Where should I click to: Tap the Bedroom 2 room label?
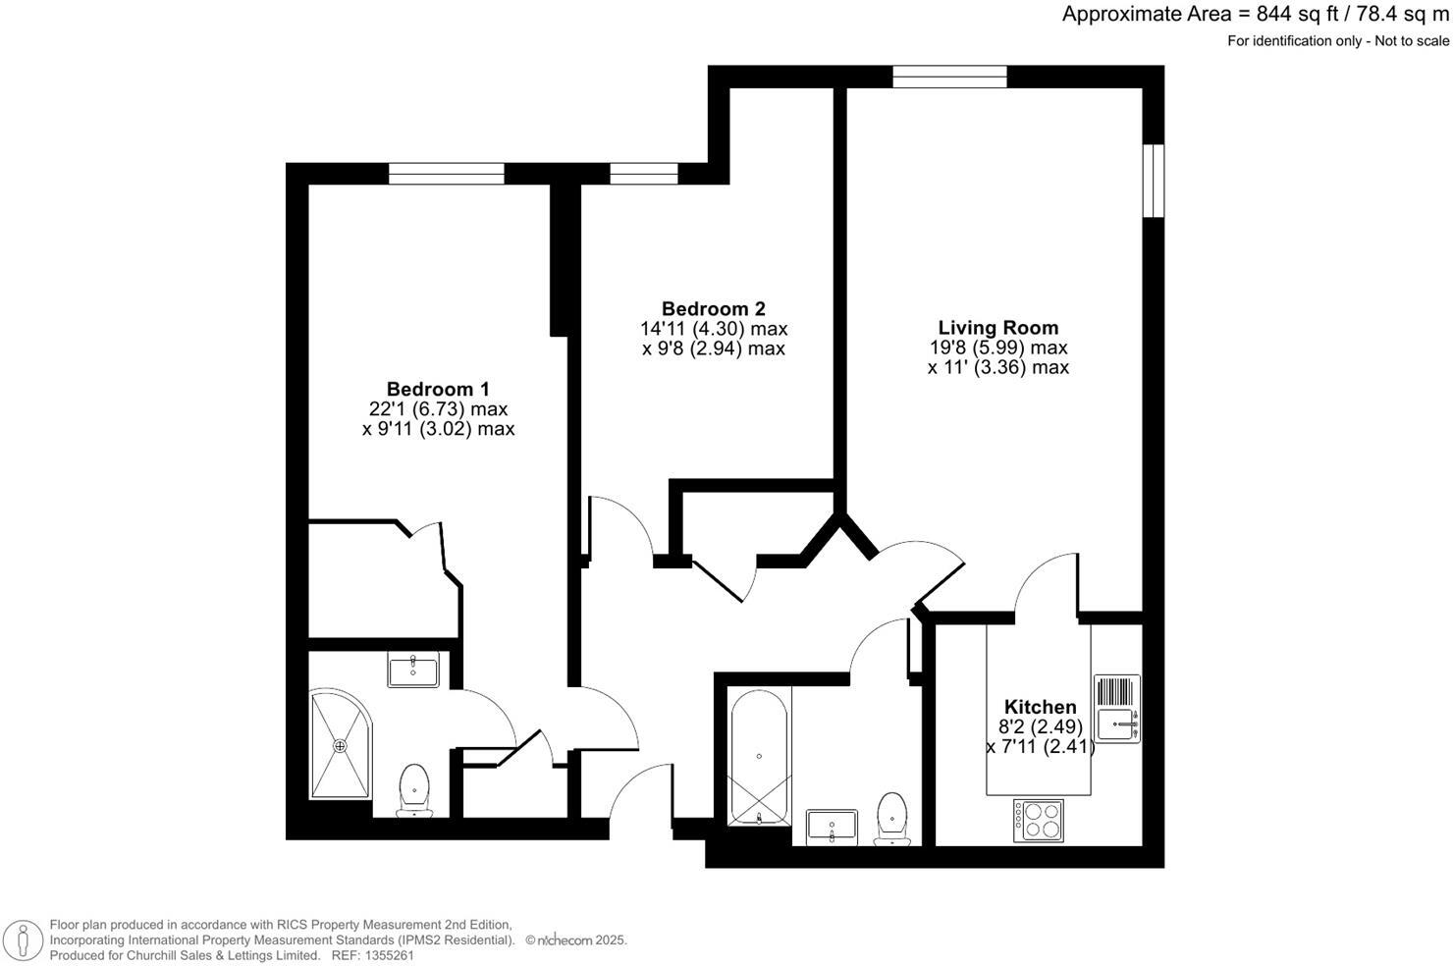pyautogui.click(x=714, y=308)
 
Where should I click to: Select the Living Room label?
pyautogui.click(x=998, y=328)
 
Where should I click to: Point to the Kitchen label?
pyautogui.click(x=1040, y=707)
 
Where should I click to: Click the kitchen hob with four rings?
pyautogui.click(x=1038, y=820)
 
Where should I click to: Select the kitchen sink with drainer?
pyautogui.click(x=1116, y=708)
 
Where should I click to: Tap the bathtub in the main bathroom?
pyautogui.click(x=759, y=756)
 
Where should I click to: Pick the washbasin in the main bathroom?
pyautogui.click(x=832, y=827)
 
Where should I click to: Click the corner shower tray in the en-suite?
pyautogui.click(x=340, y=746)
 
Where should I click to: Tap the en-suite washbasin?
pyautogui.click(x=413, y=671)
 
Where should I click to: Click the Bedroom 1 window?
pyautogui.click(x=447, y=174)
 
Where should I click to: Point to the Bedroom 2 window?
pyautogui.click(x=644, y=174)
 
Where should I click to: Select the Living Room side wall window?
pyautogui.click(x=1154, y=180)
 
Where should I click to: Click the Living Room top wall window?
pyautogui.click(x=949, y=77)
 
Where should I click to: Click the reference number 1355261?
pyautogui.click(x=388, y=955)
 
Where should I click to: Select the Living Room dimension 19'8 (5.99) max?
pyautogui.click(x=998, y=348)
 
